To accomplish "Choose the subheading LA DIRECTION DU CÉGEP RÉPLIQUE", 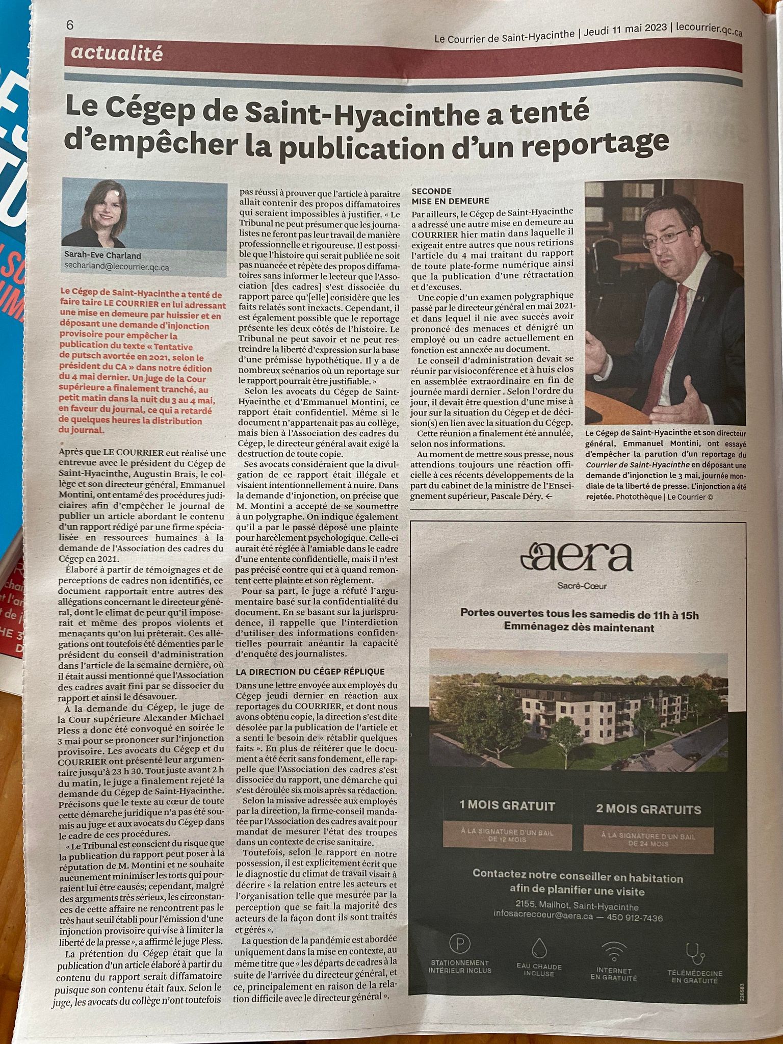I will click(310, 671).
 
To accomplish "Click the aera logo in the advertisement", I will click(576, 558).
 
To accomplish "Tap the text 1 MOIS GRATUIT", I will click(507, 806).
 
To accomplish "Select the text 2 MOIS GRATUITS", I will click(648, 810).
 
